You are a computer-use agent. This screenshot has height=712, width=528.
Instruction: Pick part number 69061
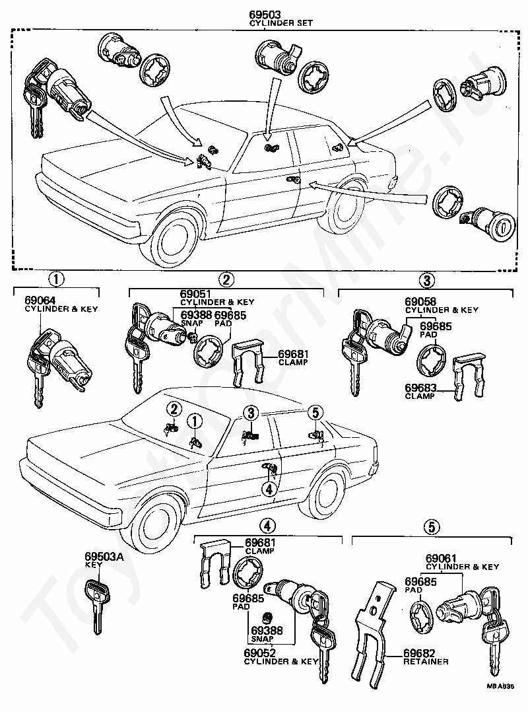441,558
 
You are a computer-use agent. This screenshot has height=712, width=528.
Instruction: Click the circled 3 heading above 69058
427,280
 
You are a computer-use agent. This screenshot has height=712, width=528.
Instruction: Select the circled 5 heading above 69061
432,526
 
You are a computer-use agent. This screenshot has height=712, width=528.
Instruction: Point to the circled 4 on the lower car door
268,489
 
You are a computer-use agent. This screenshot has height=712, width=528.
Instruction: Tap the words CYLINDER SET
280,22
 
